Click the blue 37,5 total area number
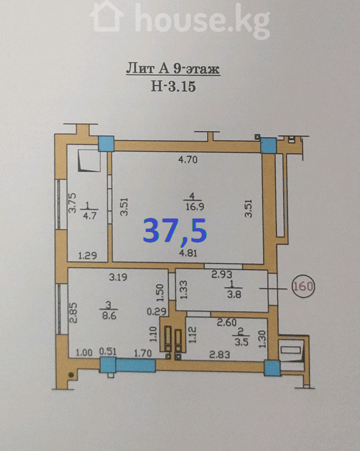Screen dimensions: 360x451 175,231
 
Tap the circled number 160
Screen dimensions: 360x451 303,286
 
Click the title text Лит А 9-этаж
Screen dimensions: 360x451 173,69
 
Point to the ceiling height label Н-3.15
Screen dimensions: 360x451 174,86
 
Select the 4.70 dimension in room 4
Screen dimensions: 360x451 188,160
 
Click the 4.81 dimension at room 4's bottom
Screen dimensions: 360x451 188,253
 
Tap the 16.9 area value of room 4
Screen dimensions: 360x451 195,207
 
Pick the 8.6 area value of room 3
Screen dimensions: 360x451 110,316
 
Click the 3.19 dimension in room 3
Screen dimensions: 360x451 118,277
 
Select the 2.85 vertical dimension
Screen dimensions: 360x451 74,313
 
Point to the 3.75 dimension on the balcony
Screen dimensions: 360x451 73,203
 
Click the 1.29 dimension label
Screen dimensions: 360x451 88,256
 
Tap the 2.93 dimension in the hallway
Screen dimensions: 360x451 222,275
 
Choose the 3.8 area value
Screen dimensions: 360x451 234,294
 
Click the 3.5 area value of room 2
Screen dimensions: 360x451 241,342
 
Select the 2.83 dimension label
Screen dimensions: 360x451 220,354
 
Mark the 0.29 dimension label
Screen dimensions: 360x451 157,311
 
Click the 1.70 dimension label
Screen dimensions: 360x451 143,353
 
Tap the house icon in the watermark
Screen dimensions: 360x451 107,17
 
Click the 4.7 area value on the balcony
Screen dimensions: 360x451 89,216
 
